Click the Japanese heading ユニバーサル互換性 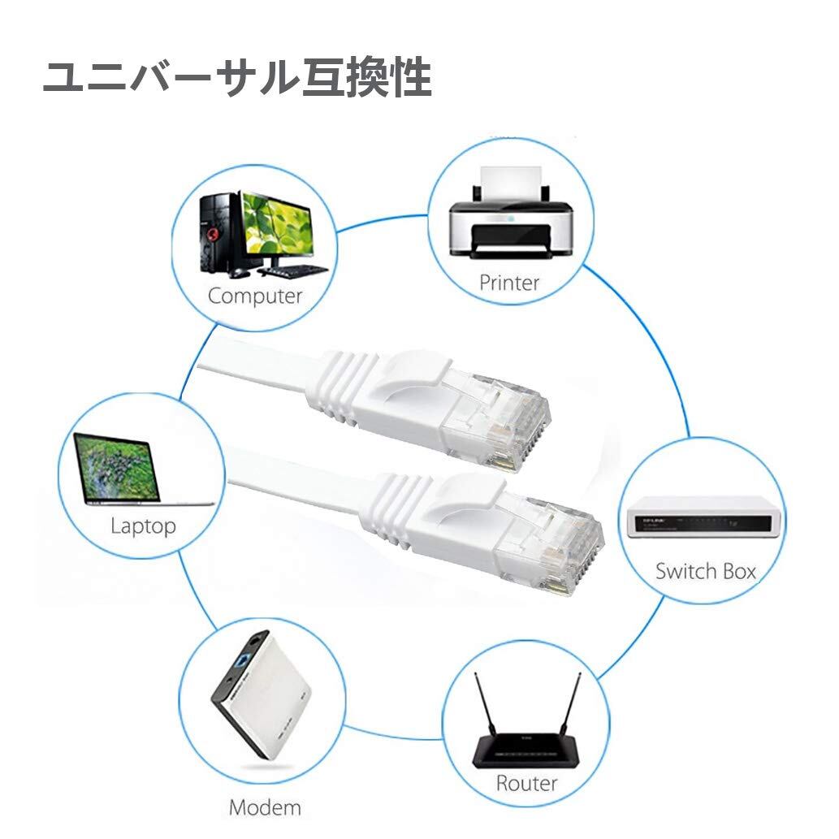pyautogui.click(x=236, y=80)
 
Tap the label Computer pyautogui.click(x=254, y=296)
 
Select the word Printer pyautogui.click(x=509, y=283)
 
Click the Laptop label pyautogui.click(x=143, y=525)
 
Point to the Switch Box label pyautogui.click(x=705, y=571)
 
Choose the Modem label pyautogui.click(x=265, y=807)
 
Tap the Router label pyautogui.click(x=526, y=783)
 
